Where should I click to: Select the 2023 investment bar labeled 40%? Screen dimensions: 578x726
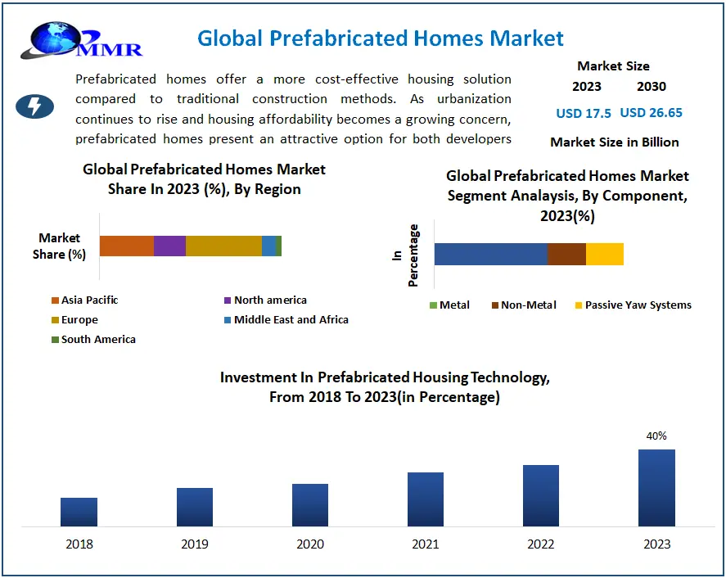coord(656,487)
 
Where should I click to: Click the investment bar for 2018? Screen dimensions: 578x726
coord(79,512)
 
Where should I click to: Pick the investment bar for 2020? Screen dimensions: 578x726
coord(310,504)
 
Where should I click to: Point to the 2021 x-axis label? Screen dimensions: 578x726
coord(426,544)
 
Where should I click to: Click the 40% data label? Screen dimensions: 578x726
coord(656,436)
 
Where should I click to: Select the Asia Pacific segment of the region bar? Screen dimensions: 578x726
coord(126,246)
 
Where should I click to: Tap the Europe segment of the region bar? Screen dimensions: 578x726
coord(223,246)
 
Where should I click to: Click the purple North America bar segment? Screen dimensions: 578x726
coord(169,246)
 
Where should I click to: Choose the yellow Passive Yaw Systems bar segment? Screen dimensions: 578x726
coord(605,254)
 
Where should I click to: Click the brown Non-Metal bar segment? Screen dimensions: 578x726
coord(566,254)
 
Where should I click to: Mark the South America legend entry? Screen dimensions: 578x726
coord(93,339)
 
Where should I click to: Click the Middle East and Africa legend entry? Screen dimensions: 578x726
coord(286,319)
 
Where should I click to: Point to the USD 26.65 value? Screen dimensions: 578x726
coord(652,113)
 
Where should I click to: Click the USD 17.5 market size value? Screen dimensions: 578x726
coord(584,113)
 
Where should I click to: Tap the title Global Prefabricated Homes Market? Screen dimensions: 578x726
coord(381,38)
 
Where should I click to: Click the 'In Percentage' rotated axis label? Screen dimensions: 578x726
coord(405,255)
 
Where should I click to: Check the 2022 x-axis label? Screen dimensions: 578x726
coord(541,544)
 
